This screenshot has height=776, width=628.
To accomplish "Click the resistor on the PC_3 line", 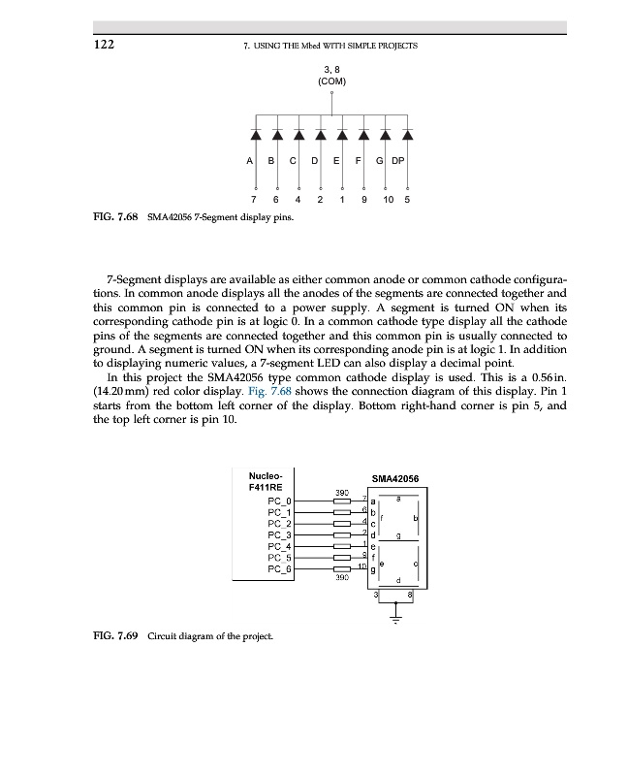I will (341, 534).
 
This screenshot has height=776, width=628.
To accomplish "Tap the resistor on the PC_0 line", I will (341, 501).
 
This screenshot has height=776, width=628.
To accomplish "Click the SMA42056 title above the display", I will (394, 477).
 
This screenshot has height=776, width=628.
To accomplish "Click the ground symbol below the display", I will (396, 617).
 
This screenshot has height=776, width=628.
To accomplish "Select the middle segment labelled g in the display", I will (398, 535).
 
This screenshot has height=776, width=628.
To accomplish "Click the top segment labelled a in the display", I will (397, 498).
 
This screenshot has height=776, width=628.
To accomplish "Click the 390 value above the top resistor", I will (341, 492).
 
